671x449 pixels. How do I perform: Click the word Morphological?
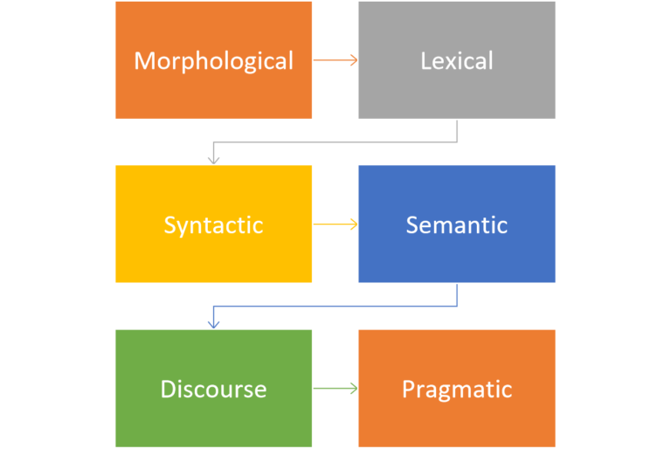(x=213, y=60)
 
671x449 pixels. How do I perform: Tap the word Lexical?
(x=456, y=60)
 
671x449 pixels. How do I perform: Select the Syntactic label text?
(x=213, y=224)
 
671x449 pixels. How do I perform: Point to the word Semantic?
(x=456, y=224)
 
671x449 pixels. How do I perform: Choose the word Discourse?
(x=213, y=389)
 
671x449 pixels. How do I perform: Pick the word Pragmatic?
(x=456, y=389)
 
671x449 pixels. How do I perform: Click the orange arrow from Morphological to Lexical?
(x=334, y=60)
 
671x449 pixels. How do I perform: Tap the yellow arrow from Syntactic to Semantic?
(x=334, y=224)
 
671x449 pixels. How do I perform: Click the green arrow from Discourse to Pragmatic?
(x=334, y=389)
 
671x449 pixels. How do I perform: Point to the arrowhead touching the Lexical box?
(x=354, y=60)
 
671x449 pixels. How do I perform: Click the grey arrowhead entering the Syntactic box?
(x=213, y=160)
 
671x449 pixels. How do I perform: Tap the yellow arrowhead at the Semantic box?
(x=354, y=224)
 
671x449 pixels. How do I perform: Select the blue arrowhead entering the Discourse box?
(x=213, y=324)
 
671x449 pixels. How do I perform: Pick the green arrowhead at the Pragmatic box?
(x=354, y=389)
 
